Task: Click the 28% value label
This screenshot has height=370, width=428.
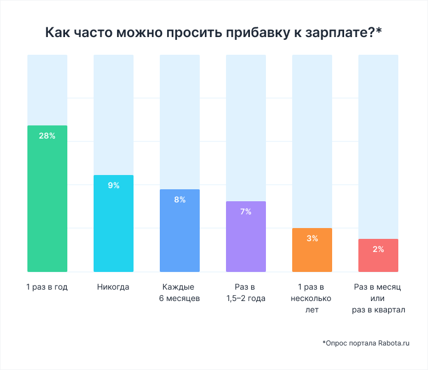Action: tap(47, 136)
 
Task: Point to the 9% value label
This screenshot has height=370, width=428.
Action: tap(113, 185)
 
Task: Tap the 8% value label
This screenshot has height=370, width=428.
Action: tap(180, 200)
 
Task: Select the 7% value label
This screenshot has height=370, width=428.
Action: tap(246, 212)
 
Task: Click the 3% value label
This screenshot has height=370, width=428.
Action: tap(312, 238)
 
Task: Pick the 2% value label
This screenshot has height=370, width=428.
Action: tap(378, 249)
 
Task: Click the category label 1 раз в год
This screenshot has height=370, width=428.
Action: tap(47, 287)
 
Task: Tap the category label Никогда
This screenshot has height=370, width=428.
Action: tap(113, 287)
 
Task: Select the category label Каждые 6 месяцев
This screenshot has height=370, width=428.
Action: tap(179, 292)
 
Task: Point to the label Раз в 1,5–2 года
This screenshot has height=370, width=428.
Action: tap(246, 292)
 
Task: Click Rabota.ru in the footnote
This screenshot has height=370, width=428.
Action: tap(394, 343)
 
